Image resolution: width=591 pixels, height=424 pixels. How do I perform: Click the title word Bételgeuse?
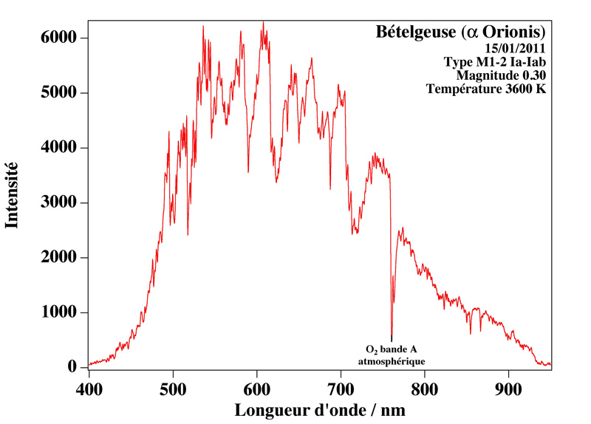[x=415, y=33]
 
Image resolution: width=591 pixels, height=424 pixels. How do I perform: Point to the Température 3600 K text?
[x=486, y=89]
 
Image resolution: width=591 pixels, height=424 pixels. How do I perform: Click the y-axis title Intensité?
[x=13, y=195]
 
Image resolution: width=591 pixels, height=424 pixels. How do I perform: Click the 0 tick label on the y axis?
[x=72, y=368]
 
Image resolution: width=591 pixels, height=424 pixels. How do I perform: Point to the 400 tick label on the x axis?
[x=89, y=386]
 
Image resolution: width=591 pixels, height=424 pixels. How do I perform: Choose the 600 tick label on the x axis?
[x=256, y=386]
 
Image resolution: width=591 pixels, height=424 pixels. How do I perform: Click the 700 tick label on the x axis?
[x=341, y=386]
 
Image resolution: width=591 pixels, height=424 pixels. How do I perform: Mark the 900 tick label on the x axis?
[x=508, y=386]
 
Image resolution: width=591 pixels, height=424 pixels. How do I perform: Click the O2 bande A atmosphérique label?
[x=392, y=355]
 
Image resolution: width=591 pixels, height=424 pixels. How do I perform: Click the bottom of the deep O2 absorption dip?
[x=392, y=338]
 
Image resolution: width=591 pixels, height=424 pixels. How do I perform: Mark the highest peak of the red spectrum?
[x=263, y=23]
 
